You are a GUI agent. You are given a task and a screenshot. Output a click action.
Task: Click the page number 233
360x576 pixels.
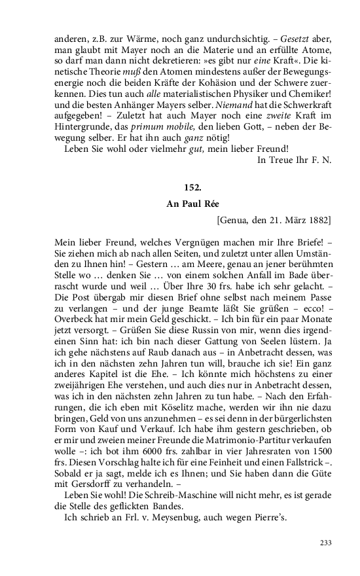click(325, 542)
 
